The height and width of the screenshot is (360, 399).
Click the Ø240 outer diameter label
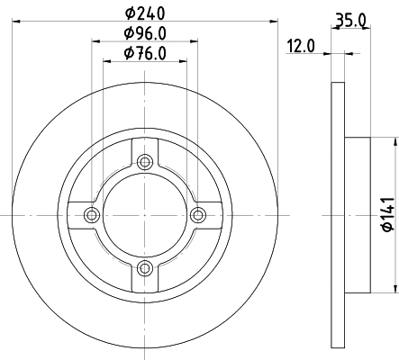click(144, 13)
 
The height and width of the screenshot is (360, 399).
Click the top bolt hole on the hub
click(144, 163)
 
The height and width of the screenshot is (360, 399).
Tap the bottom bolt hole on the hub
click(144, 266)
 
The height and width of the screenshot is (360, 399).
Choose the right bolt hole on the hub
click(196, 214)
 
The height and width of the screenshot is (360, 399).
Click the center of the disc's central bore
click(144, 214)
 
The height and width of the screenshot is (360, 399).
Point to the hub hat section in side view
click(358, 214)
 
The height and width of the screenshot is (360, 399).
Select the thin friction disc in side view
click(339, 214)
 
